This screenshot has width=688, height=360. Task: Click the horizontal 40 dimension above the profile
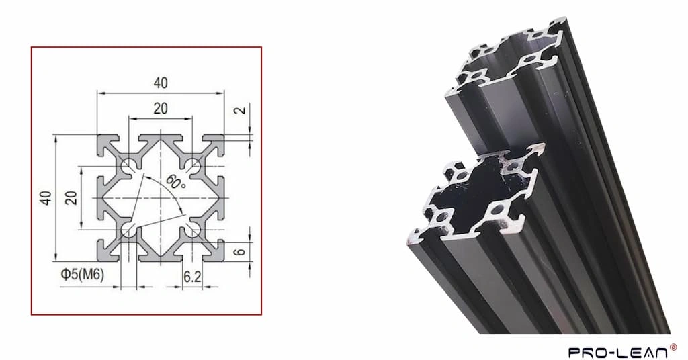160,83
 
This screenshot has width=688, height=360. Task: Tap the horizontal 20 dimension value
160,108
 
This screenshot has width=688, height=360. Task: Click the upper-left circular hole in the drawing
128,165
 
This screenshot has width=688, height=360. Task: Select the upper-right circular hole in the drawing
193,165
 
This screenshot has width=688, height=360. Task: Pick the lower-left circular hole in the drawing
128,232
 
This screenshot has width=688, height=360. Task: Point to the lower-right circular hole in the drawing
193,232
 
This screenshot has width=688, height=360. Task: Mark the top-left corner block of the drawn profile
107,144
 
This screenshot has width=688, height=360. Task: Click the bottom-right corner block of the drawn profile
214,251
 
